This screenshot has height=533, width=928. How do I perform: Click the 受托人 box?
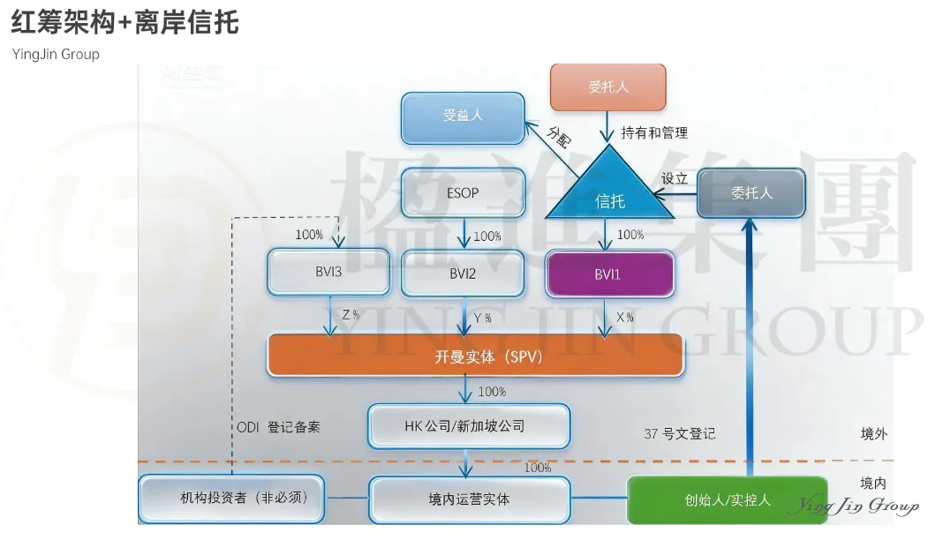pyautogui.click(x=607, y=86)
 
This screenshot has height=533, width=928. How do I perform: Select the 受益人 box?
pyautogui.click(x=463, y=116)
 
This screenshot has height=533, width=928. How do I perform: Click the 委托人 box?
pyautogui.click(x=751, y=192)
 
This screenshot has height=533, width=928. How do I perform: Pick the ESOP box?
pyautogui.click(x=463, y=192)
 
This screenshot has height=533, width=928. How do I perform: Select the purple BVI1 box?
pyautogui.click(x=609, y=274)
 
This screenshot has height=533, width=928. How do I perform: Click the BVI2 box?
pyautogui.click(x=463, y=274)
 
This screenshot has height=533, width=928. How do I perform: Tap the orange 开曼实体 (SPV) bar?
pyautogui.click(x=475, y=357)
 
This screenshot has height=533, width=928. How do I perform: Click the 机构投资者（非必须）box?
pyautogui.click(x=232, y=499)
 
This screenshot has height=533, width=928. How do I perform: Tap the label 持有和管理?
pyautogui.click(x=653, y=132)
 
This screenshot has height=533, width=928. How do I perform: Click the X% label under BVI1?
pyautogui.click(x=625, y=318)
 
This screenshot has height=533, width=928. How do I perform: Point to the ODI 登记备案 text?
pyautogui.click(x=278, y=427)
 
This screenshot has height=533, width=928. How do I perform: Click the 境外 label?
pyautogui.click(x=873, y=433)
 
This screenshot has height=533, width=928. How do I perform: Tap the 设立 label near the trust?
pyautogui.click(x=675, y=178)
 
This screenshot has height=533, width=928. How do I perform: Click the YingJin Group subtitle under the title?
pyautogui.click(x=56, y=55)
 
